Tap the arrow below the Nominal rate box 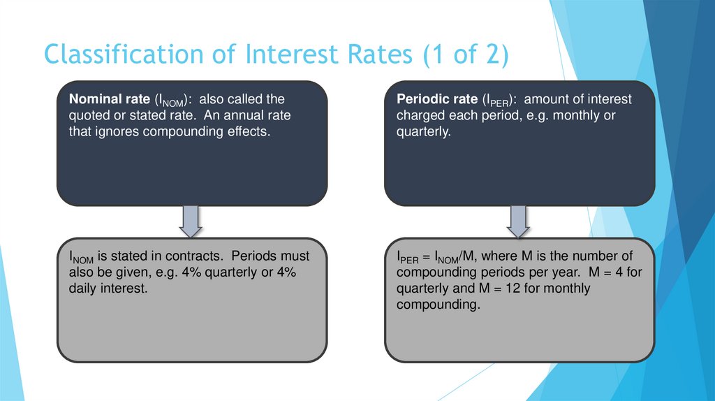point(191,221)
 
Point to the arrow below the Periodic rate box point(518,221)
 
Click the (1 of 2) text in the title point(464,54)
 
